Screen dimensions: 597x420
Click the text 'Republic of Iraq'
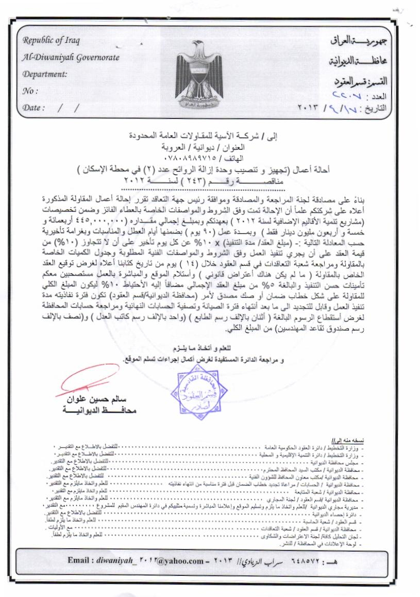[x=49, y=40]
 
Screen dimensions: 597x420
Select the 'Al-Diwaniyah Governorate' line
[x=71, y=57]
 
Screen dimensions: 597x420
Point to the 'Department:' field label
[x=45, y=74]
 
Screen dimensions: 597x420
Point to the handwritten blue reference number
[x=350, y=96]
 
